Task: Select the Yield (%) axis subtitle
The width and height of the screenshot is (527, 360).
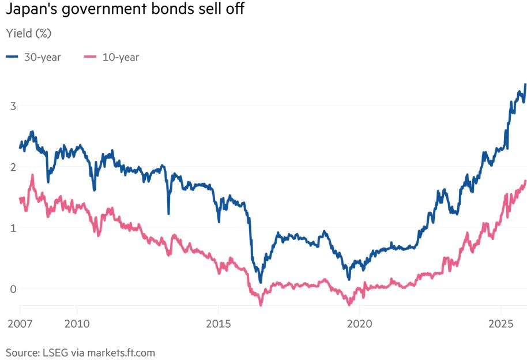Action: pyautogui.click(x=28, y=33)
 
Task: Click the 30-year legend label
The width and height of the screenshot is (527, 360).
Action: pyautogui.click(x=42, y=57)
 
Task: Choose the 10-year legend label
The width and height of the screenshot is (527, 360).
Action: pyautogui.click(x=121, y=57)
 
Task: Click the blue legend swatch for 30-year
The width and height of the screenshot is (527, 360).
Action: pyautogui.click(x=12, y=57)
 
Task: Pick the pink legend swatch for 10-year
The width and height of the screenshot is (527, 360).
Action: pyautogui.click(x=91, y=57)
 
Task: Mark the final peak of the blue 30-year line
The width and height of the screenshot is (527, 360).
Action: pyautogui.click(x=525, y=84)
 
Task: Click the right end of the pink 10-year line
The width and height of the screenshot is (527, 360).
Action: pyautogui.click(x=525, y=181)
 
